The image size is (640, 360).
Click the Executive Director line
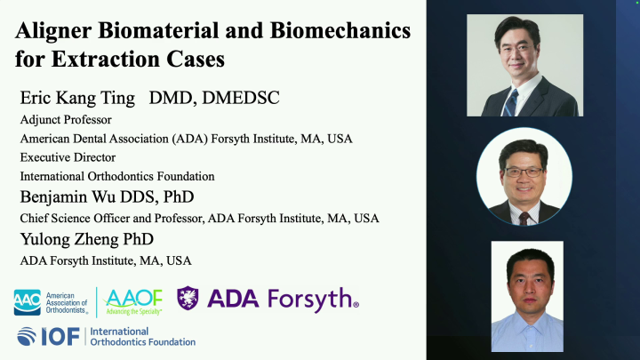68,157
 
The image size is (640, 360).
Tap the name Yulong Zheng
74,239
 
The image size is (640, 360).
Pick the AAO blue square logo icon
28,301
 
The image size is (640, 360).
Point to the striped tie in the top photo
510,102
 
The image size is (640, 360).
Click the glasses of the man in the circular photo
523,171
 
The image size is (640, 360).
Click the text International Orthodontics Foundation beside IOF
142,337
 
